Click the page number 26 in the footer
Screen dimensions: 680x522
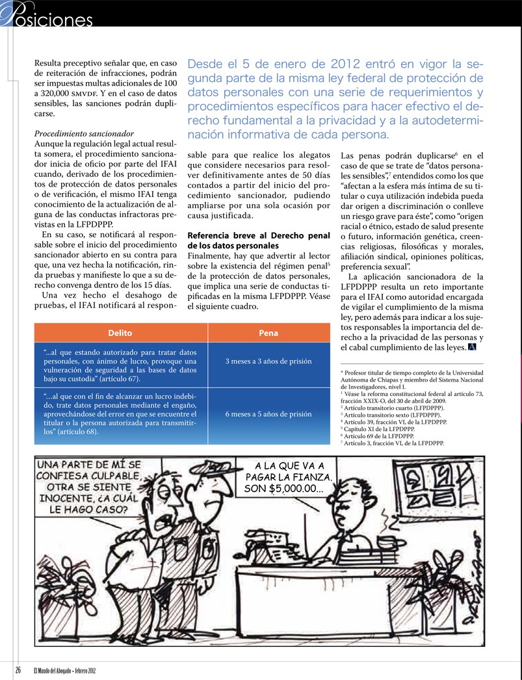(18, 670)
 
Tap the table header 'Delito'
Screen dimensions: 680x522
(120, 333)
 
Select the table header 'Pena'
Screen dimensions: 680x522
(268, 333)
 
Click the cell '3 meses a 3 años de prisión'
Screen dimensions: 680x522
(268, 361)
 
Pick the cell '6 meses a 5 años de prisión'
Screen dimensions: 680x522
(268, 413)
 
